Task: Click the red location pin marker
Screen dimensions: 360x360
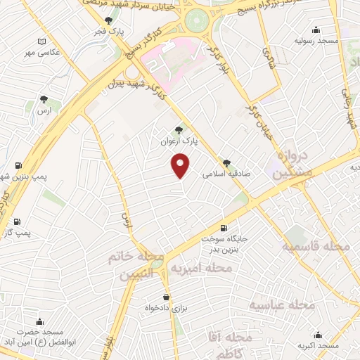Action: click(181, 166)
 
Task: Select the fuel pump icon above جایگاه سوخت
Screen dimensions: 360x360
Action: click(224, 227)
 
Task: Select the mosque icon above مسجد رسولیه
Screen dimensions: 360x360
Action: click(316, 30)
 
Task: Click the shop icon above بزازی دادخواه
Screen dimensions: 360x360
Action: click(167, 297)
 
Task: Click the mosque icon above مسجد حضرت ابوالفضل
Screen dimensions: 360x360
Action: click(39, 321)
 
